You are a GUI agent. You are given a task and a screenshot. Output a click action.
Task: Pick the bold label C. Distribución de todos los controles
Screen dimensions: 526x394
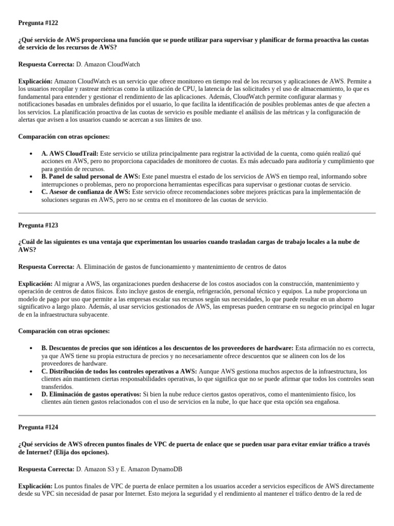coord(119,371)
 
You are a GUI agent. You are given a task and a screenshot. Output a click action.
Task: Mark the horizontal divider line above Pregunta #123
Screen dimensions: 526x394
coord(197,213)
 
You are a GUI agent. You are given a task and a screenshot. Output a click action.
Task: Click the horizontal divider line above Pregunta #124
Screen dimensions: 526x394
coord(197,415)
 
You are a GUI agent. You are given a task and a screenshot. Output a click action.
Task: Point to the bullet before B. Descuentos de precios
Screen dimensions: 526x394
coord(32,348)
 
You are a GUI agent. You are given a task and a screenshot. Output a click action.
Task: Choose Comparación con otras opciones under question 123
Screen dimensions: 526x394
coord(64,331)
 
